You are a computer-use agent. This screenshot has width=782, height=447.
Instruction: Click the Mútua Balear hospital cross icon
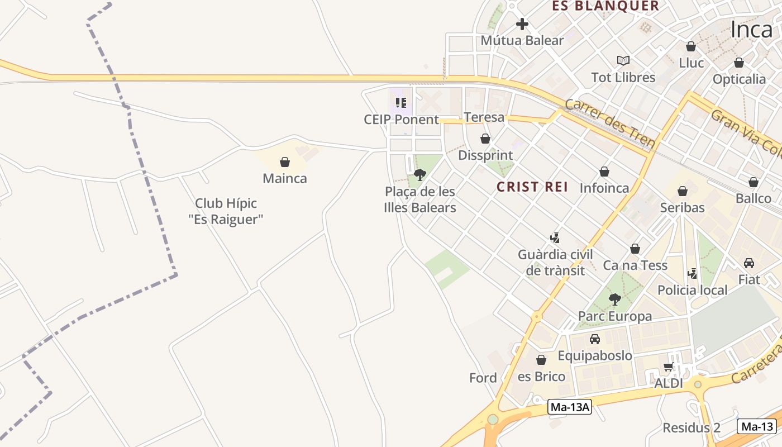pos(522,24)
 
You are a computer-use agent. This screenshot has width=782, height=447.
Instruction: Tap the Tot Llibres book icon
pos(623,60)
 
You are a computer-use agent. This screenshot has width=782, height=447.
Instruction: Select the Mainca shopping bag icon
pos(285,163)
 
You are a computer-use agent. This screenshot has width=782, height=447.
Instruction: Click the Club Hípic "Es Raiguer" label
pos(226,211)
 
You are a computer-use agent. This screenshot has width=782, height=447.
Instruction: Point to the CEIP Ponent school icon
pos(400,102)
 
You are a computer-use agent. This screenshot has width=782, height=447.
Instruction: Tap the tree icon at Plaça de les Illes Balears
pos(420,175)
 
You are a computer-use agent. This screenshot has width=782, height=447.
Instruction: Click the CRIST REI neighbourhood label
pos(532,187)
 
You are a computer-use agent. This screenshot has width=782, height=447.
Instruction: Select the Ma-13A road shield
pos(569,407)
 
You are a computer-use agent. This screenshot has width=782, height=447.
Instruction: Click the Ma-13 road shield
pos(757,426)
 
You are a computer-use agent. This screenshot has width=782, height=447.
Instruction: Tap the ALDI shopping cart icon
pos(668,367)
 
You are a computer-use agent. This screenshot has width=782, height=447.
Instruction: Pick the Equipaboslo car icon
pos(595,339)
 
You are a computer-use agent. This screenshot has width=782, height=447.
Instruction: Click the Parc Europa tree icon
pos(614,299)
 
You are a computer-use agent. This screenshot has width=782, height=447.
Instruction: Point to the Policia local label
pos(693,290)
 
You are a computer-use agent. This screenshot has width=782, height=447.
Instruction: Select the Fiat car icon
pos(749,263)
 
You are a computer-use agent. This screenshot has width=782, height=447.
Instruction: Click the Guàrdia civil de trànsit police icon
pos(555,238)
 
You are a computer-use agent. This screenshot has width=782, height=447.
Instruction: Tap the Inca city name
pos(751,30)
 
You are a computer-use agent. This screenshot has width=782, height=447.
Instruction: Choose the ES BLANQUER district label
pos(605,6)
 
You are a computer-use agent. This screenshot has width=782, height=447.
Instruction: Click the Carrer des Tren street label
pos(609,123)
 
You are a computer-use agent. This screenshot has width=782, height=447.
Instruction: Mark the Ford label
pos(483,378)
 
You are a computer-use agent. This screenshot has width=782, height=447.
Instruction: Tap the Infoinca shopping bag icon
pos(604,172)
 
